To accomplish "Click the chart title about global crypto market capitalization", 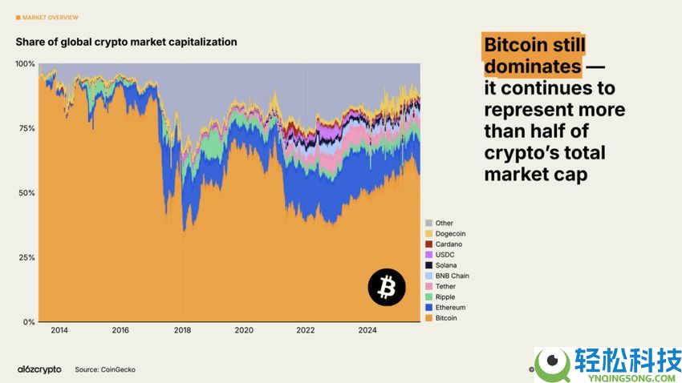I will (x=126, y=42).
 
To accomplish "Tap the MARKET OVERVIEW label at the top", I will (x=50, y=17).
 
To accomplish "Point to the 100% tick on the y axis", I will (x=25, y=63).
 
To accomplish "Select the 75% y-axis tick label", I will (x=26, y=128).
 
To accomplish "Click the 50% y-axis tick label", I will (x=26, y=193).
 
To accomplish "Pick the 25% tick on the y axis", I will (x=26, y=258).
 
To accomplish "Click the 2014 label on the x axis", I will (x=59, y=330).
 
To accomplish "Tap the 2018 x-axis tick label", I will (x=182, y=330).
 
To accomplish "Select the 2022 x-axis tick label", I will (x=306, y=330).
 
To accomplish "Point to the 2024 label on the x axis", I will (x=367, y=330).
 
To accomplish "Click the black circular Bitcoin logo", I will (x=387, y=287).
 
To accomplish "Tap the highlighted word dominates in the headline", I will (x=531, y=66).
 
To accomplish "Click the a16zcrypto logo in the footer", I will (x=39, y=369).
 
